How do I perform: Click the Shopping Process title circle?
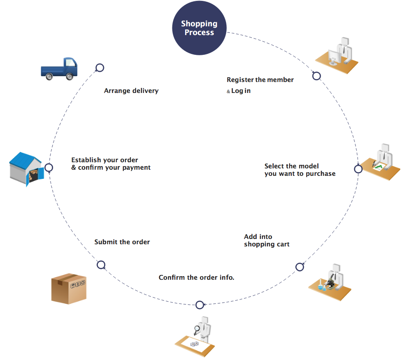tap(199, 29)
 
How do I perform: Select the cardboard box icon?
tap(68, 289)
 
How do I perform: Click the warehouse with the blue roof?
tap(26, 168)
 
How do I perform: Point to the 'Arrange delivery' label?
tap(131, 91)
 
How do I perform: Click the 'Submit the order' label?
tap(122, 242)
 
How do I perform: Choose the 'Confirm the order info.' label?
tap(196, 278)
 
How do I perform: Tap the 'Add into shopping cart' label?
tap(266, 241)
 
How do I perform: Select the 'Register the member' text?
tap(260, 80)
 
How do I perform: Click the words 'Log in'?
tap(241, 91)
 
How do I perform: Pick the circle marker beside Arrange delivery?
tap(100, 68)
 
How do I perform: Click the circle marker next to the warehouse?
tap(49, 168)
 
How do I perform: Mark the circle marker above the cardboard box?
tap(101, 265)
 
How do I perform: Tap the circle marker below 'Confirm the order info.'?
tap(200, 305)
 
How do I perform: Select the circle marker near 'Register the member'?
tap(316, 76)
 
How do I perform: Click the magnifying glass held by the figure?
tap(197, 328)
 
